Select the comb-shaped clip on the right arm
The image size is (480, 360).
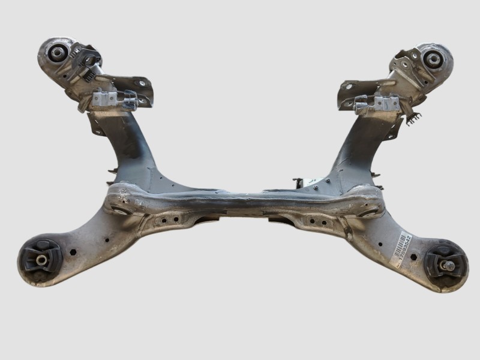point(412,119)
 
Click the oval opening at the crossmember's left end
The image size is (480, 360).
point(120,211)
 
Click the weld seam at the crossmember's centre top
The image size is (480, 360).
point(240,196)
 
